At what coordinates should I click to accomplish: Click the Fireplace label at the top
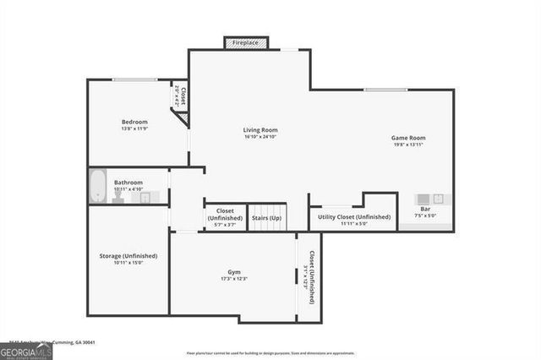click(246, 42)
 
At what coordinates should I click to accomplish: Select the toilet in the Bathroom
click(118, 197)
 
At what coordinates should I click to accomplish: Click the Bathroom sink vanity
click(149, 197)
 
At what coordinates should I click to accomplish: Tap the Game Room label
click(408, 137)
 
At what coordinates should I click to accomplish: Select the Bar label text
click(424, 209)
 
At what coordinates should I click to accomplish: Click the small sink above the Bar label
click(424, 199)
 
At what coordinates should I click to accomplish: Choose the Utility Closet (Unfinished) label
click(354, 217)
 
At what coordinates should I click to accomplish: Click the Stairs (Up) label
click(267, 217)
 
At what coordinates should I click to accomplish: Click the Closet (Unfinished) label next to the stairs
click(225, 214)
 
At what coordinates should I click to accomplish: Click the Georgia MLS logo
click(26, 351)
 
